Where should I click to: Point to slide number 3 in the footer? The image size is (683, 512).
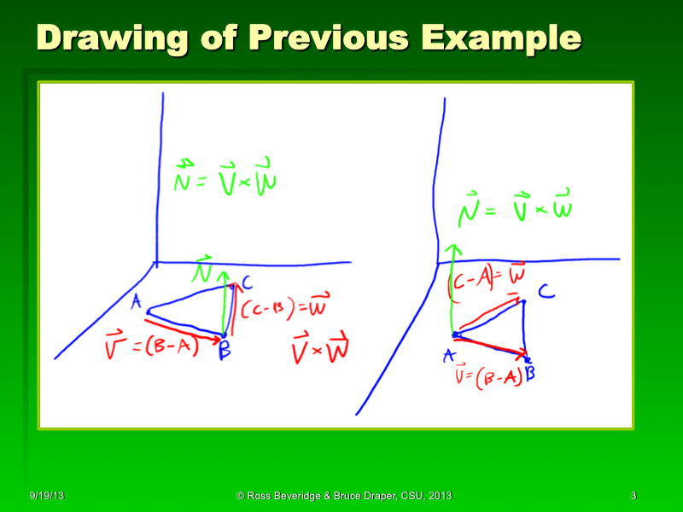coord(633,496)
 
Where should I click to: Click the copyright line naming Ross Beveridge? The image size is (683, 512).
coord(344,496)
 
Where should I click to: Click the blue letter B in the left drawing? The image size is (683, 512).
coord(225,348)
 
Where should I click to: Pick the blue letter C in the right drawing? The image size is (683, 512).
coord(546,294)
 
